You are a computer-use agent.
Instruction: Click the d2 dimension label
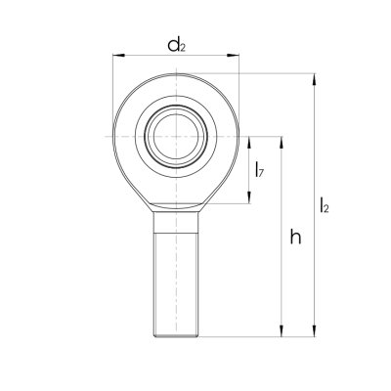coord(177,44)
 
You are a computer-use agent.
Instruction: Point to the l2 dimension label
coord(325,204)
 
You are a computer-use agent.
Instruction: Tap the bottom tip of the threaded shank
coord(177,335)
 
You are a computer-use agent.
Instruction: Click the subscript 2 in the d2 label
coord(184,47)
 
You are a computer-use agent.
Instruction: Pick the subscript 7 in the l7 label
coord(261,174)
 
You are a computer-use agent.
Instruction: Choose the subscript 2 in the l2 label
coord(327,208)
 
